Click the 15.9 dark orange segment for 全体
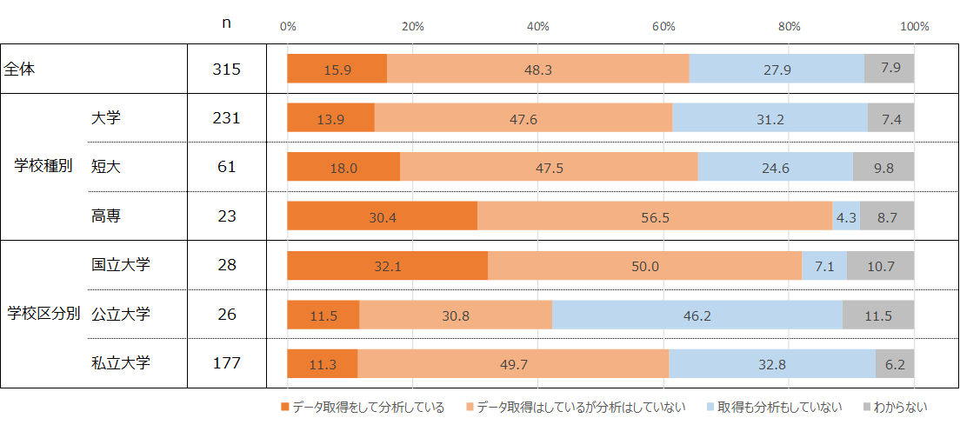(337, 70)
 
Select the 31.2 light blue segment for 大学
(770, 118)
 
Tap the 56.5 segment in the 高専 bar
(654, 216)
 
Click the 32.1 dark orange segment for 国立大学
(387, 266)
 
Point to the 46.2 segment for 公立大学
(697, 315)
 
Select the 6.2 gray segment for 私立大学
(895, 364)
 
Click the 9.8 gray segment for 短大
(883, 168)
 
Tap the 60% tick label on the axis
(663, 27)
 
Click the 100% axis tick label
(915, 27)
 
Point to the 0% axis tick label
(288, 27)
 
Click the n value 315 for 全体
(226, 70)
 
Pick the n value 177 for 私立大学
(226, 363)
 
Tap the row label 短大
(106, 167)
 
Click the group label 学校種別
(44, 167)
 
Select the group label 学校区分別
(44, 314)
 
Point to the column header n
(226, 24)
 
